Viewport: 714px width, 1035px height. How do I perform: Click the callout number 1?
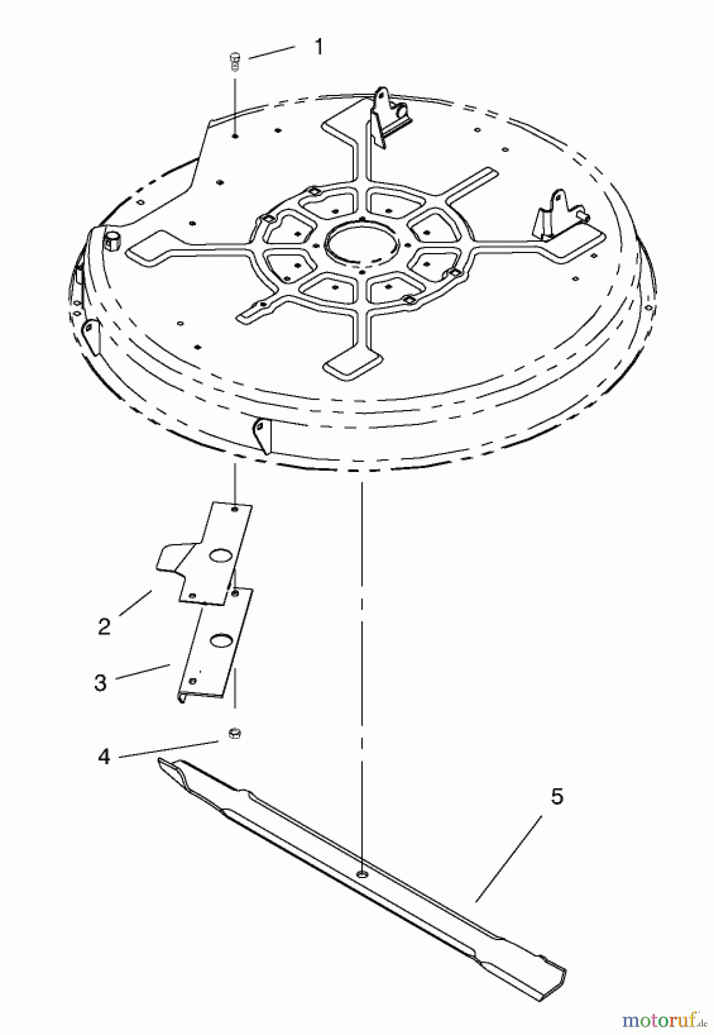coord(318,47)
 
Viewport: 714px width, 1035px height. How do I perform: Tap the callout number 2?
coord(104,626)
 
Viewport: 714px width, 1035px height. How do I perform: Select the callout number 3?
coord(101,683)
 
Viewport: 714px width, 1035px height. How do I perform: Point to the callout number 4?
coord(104,757)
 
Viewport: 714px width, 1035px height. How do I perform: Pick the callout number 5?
coord(557,797)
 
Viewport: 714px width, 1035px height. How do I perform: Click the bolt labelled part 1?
coord(234,61)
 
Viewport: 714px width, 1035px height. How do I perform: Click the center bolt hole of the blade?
coord(362,875)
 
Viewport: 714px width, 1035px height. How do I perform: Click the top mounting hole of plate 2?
coord(234,509)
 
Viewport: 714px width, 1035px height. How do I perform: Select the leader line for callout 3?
coord(143,672)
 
